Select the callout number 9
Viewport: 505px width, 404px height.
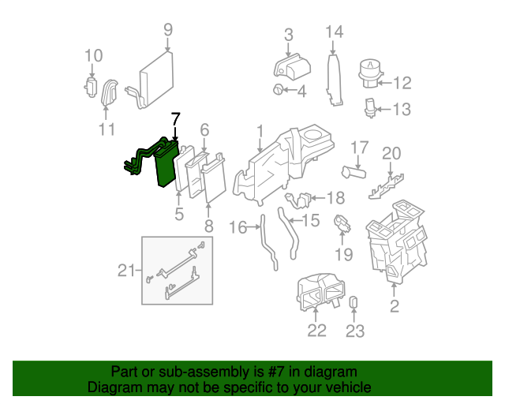(167, 30)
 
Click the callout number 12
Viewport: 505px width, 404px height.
(402, 81)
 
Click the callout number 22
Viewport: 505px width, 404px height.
(316, 331)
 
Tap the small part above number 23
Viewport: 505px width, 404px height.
(354, 302)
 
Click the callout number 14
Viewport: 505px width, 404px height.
(335, 32)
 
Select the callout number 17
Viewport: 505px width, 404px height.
(359, 148)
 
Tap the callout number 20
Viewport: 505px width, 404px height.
(391, 153)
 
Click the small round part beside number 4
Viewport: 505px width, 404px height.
(279, 91)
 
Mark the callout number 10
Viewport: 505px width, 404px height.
(93, 55)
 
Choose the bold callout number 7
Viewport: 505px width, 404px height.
(175, 118)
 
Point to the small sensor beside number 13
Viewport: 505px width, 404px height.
(371, 107)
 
